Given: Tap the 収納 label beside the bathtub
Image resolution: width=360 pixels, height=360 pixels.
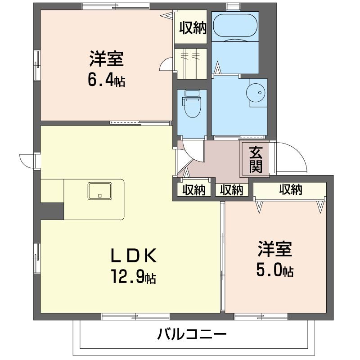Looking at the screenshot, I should [193, 28].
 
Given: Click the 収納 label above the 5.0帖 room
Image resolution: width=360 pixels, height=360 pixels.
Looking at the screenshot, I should [290, 190].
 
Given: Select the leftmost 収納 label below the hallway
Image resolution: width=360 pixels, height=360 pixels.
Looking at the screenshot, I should [193, 190].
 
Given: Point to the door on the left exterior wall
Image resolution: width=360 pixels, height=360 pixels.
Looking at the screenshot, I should [28, 160].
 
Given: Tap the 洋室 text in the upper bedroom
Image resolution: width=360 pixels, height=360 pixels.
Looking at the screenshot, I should [106, 60].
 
